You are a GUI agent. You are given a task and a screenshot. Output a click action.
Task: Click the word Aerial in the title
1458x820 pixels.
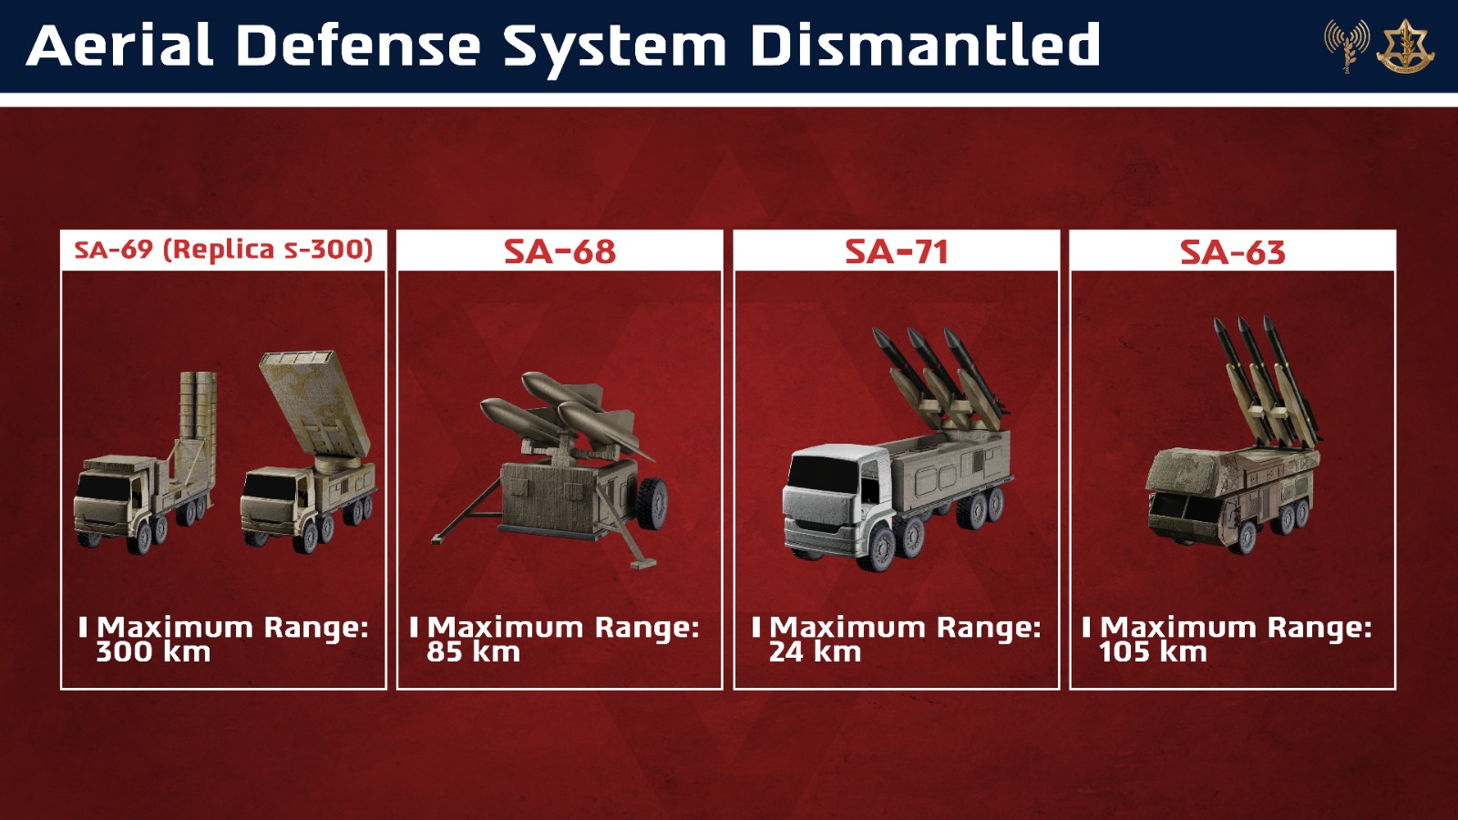pos(119,45)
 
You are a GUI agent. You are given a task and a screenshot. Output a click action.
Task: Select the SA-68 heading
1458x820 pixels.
pos(560,251)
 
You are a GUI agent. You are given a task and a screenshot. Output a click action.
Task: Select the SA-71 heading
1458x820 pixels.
pos(897,251)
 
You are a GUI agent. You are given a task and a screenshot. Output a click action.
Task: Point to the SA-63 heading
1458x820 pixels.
pos(1233,251)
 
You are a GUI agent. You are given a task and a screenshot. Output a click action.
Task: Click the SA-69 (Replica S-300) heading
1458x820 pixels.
pos(223,250)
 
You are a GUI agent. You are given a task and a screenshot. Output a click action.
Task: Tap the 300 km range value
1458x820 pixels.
pos(154,652)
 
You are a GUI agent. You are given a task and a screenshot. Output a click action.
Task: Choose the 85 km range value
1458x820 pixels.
pos(473,652)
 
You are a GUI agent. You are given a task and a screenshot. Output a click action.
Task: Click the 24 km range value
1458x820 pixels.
pos(815,652)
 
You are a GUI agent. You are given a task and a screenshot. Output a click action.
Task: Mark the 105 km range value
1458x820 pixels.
pos(1153,652)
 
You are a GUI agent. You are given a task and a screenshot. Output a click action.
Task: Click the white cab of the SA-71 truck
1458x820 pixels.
pos(828,500)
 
